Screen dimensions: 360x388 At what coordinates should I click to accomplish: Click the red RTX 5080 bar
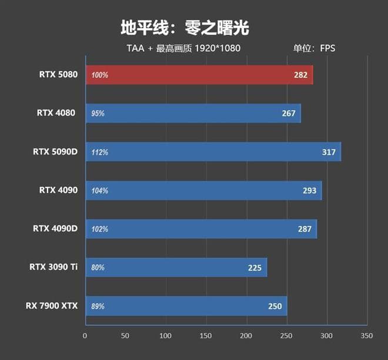[x=199, y=75]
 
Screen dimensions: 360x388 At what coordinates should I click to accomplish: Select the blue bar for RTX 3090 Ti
[x=176, y=267]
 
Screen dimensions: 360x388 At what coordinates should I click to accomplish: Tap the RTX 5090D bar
[x=213, y=152]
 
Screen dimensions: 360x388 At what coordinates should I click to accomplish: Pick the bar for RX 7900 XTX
[x=186, y=306]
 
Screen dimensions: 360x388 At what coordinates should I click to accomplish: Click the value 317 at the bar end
[x=329, y=152]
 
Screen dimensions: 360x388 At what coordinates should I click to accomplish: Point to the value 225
[x=255, y=268]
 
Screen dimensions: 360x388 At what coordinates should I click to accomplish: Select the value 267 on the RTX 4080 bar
[x=289, y=114]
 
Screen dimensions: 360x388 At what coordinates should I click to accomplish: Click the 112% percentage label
[x=100, y=152]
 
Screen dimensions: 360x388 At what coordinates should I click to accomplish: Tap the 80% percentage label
[x=98, y=268]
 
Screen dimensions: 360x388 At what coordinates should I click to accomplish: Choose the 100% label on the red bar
[x=100, y=75]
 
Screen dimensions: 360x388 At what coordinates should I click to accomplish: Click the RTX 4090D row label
[x=55, y=228]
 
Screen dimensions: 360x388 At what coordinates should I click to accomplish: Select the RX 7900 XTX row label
[x=52, y=305]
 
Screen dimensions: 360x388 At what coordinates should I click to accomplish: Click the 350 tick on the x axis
[x=366, y=335]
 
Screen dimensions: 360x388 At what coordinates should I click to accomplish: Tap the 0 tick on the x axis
[x=85, y=335]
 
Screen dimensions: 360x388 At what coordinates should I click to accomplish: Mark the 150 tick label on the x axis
[x=206, y=335]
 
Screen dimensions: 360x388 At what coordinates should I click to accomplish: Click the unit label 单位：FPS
[x=314, y=48]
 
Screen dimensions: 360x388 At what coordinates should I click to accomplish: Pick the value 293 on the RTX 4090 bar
[x=309, y=191]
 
